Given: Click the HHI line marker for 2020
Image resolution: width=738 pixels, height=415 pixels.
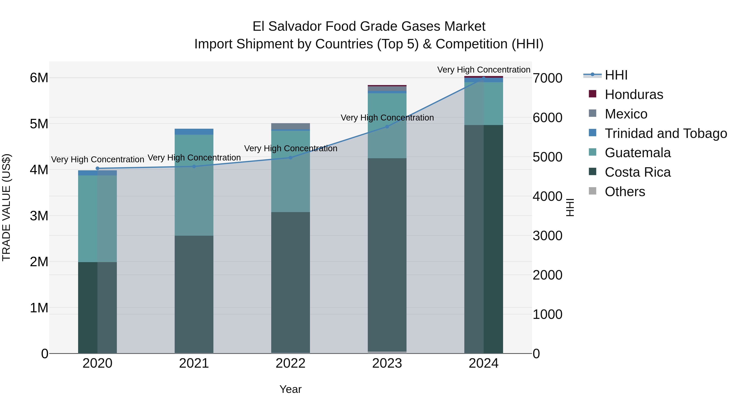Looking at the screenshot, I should pyautogui.click(x=97, y=168).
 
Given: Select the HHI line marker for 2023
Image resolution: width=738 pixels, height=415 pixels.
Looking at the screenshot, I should pyautogui.click(x=387, y=127).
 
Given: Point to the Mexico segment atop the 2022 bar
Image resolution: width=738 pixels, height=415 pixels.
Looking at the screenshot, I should pyautogui.click(x=290, y=126).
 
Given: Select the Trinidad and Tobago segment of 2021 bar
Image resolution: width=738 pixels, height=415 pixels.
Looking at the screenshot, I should pyautogui.click(x=194, y=131).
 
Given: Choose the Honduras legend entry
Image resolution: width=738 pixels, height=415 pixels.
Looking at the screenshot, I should pyautogui.click(x=634, y=94).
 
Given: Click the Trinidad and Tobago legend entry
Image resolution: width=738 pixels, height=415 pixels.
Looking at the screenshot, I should pyautogui.click(x=665, y=133).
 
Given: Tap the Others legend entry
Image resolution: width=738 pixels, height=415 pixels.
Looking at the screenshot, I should pyautogui.click(x=625, y=192).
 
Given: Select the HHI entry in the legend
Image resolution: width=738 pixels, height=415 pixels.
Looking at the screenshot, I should pyautogui.click(x=616, y=75).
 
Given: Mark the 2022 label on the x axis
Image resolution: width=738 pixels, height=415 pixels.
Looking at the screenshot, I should pyautogui.click(x=290, y=363).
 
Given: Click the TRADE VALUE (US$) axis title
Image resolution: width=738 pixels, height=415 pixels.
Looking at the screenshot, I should pyautogui.click(x=6, y=207).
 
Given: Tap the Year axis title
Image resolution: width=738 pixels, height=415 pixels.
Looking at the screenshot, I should pyautogui.click(x=290, y=389).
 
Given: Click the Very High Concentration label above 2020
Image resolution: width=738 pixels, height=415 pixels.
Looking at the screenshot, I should pyautogui.click(x=97, y=159).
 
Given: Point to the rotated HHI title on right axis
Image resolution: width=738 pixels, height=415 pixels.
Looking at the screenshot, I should pyautogui.click(x=570, y=207).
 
